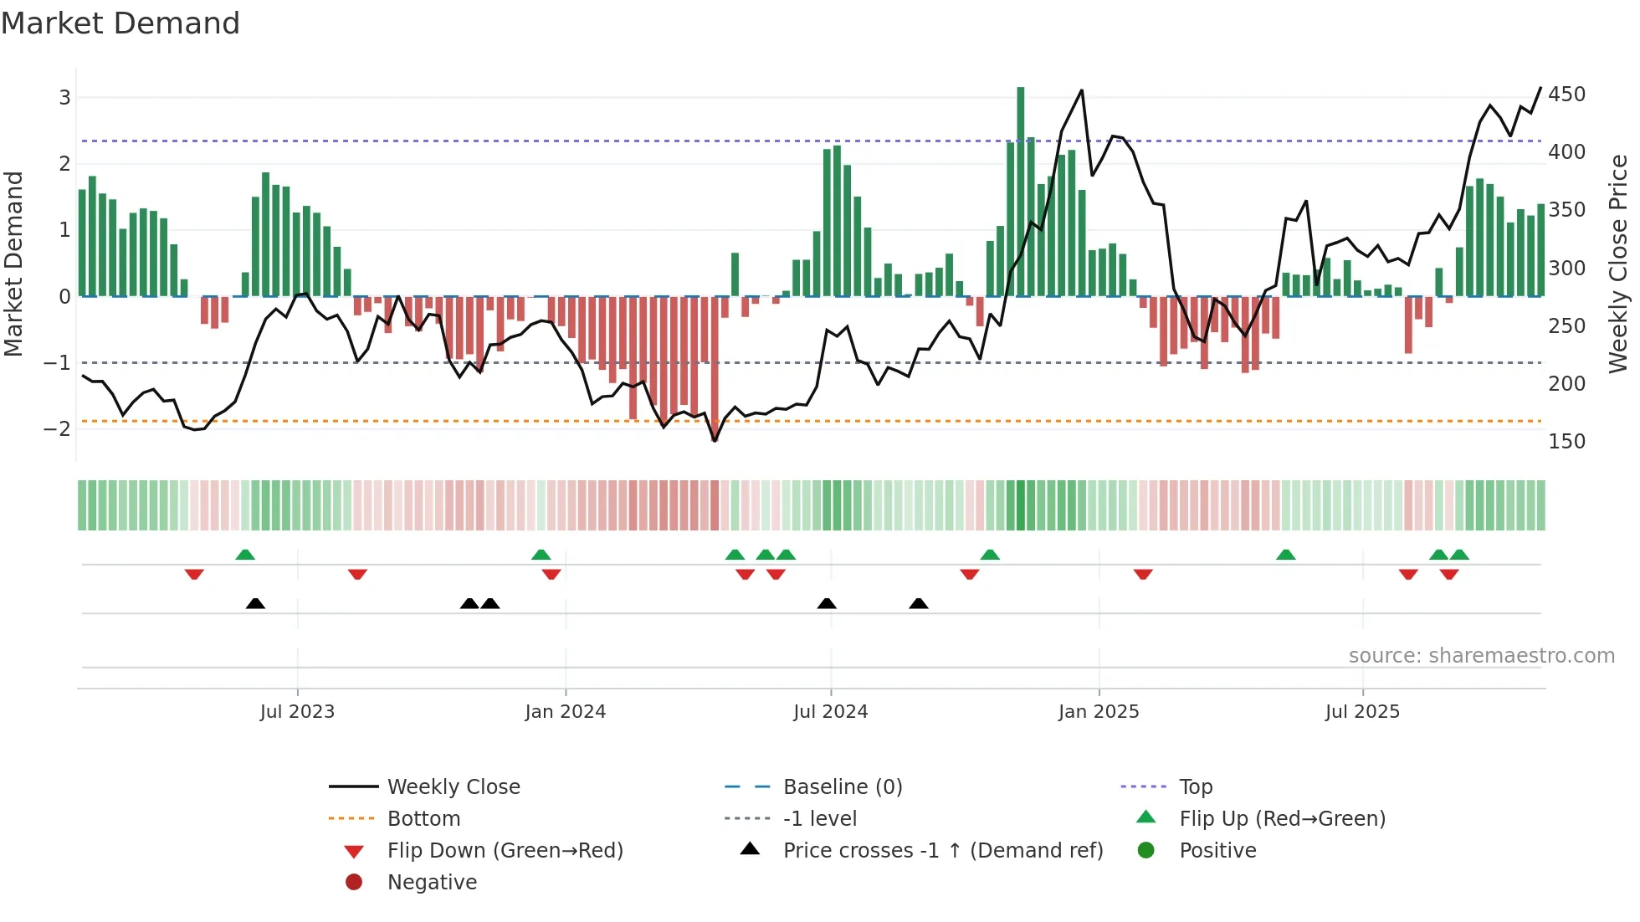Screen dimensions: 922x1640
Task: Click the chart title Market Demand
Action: [x=120, y=23]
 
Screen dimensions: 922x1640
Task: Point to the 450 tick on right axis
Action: [x=1566, y=95]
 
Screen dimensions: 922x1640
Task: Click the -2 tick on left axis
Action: [x=57, y=429]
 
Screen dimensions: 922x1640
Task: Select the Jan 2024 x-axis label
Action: [x=565, y=712]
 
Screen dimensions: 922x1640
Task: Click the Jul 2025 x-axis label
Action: [x=1361, y=712]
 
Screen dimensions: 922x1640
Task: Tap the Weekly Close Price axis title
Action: [x=1618, y=264]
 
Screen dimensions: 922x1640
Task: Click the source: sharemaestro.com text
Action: [x=1481, y=656]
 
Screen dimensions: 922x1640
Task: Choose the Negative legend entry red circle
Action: [x=354, y=883]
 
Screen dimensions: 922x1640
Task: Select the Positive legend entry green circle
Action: [x=1146, y=851]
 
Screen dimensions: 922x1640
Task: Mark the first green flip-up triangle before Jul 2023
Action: [x=245, y=555]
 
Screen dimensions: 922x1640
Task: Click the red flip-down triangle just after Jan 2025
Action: [x=1143, y=574]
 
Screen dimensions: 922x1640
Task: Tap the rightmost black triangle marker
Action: [x=918, y=603]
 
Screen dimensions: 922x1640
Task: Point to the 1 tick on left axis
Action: [x=64, y=230]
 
